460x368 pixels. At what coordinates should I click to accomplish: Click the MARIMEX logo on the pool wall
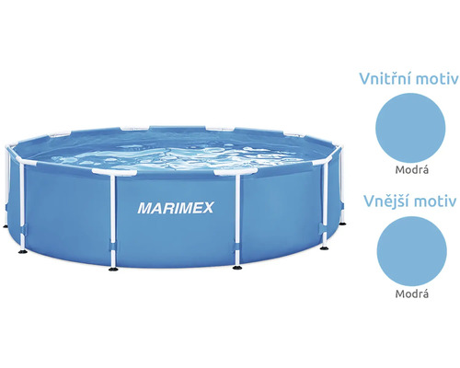click(x=176, y=208)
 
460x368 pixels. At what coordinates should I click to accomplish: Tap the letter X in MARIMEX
click(x=207, y=208)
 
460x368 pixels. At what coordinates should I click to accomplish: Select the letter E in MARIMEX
click(x=196, y=208)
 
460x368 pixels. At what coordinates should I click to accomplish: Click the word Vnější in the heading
click(x=385, y=201)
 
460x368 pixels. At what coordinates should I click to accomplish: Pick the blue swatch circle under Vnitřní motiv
click(x=410, y=128)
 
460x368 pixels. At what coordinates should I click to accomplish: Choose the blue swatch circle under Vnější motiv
click(x=411, y=251)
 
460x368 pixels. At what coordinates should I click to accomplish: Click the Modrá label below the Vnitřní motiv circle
click(x=411, y=169)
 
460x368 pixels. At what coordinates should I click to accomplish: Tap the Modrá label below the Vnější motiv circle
click(x=411, y=293)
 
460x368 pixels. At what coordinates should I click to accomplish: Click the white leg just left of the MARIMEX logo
click(x=112, y=220)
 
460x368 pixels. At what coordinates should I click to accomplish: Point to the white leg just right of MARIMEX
click(x=237, y=220)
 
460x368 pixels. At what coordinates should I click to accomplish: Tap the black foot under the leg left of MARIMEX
click(x=113, y=269)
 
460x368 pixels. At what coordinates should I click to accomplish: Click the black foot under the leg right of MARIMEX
click(x=237, y=268)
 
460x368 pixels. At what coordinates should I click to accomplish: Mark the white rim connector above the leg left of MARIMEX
click(x=114, y=172)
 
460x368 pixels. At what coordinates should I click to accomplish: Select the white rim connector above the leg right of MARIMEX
click(x=236, y=171)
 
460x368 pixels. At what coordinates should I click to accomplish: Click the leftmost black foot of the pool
click(x=6, y=226)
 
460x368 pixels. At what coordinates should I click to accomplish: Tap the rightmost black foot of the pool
click(x=342, y=224)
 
